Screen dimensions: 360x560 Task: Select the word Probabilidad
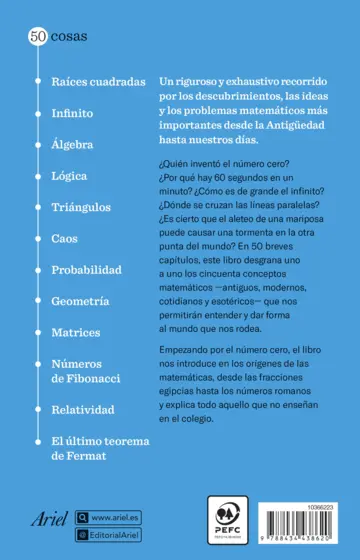coord(86,270)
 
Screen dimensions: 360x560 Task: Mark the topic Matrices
coord(76,332)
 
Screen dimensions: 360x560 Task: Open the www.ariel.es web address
coord(114,517)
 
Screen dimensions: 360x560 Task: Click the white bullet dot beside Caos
coord(38,238)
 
